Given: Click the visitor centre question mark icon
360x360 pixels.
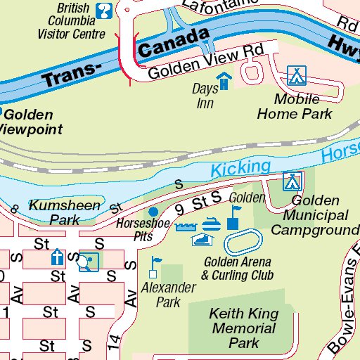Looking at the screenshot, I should coord(104,11).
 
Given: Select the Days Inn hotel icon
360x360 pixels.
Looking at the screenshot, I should coord(224,81).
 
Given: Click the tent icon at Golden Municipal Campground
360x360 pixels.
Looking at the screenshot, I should coord(292,181).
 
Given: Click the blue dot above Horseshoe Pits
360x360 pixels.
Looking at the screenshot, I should coord(153,212).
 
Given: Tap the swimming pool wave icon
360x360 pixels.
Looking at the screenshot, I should coord(185,226).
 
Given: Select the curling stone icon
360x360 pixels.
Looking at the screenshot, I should coord(210,225).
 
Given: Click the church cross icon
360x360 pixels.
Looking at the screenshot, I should coord(56,258).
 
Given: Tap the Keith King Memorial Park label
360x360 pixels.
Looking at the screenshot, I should coord(243,328).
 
